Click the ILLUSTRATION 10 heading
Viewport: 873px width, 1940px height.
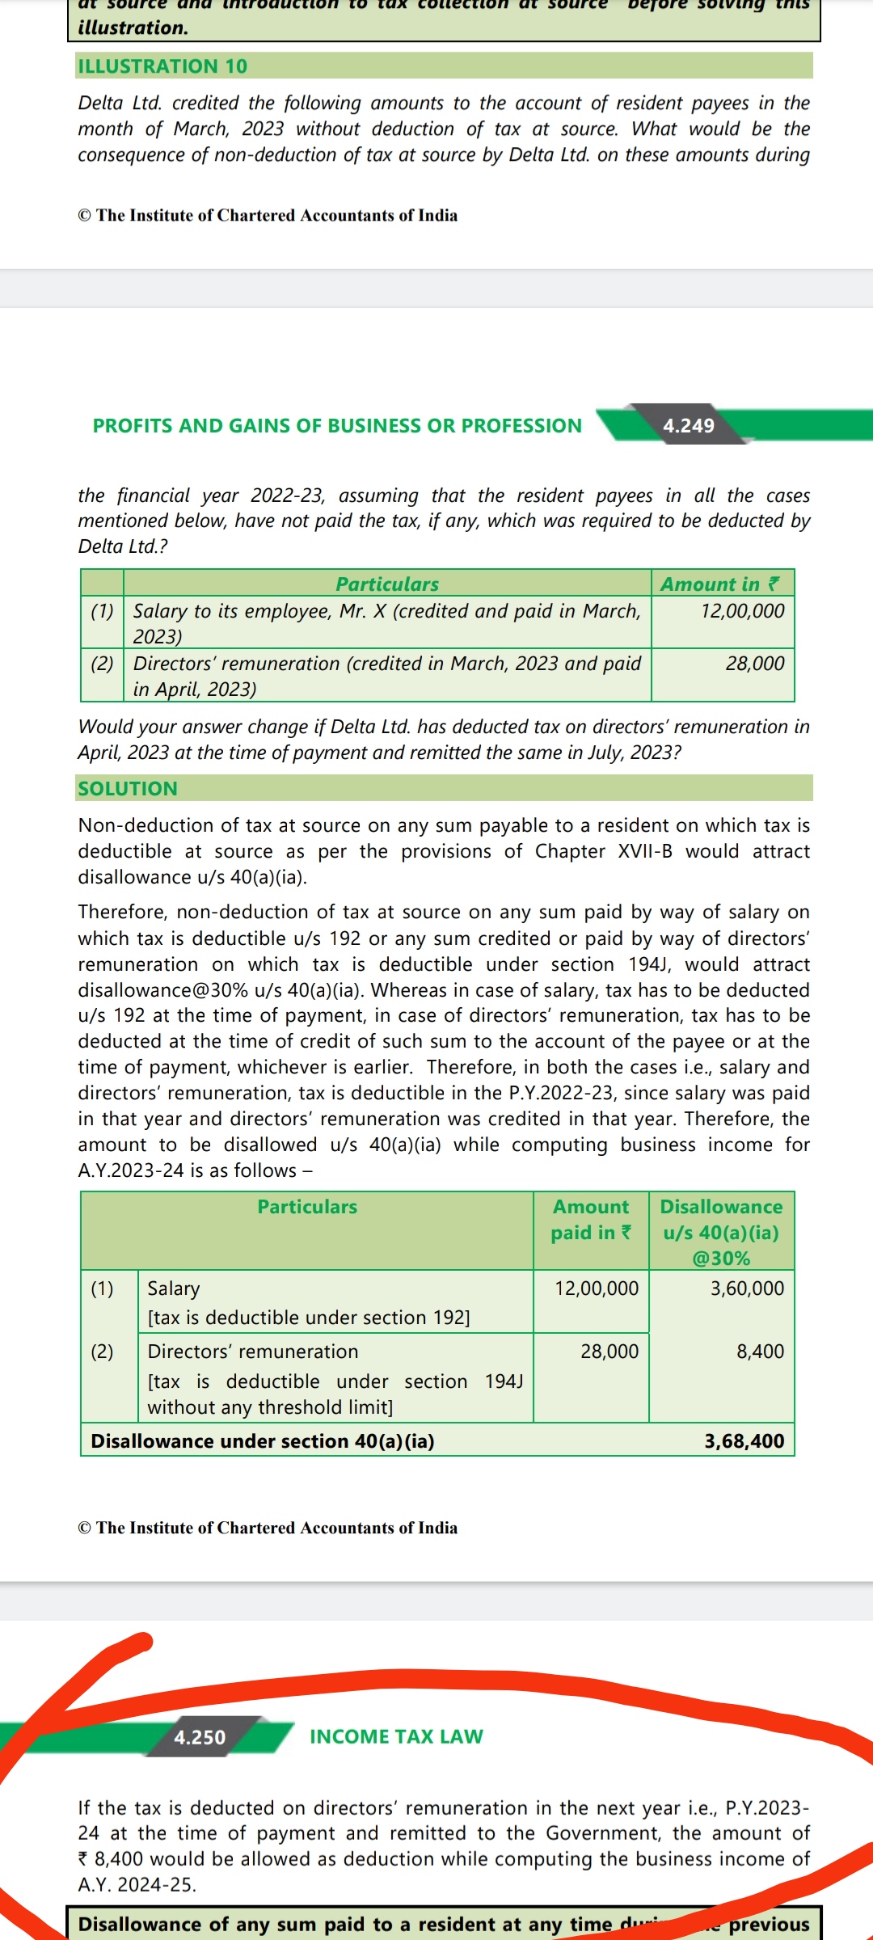click(162, 66)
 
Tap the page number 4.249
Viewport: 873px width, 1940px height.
click(689, 426)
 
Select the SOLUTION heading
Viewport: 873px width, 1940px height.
click(128, 789)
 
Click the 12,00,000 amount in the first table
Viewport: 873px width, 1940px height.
click(742, 611)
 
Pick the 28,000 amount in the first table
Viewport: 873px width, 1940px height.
click(754, 664)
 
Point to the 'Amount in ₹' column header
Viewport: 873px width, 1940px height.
click(720, 584)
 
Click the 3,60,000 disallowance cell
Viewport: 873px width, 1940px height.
click(747, 1288)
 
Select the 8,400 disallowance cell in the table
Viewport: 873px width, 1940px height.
click(760, 1352)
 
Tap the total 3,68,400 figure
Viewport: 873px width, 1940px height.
click(744, 1441)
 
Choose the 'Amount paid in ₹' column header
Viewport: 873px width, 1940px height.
click(591, 1220)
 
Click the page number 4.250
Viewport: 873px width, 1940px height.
click(200, 1737)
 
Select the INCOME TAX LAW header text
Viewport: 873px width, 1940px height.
click(396, 1736)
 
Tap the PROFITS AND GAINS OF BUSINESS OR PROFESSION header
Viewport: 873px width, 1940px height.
click(337, 426)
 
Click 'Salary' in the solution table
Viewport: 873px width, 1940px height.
click(173, 1288)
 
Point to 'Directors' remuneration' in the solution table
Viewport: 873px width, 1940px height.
click(252, 1352)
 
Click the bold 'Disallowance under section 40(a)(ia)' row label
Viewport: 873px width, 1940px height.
click(262, 1441)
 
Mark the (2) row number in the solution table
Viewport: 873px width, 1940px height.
click(102, 1352)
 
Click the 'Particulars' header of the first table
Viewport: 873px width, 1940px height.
click(387, 584)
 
